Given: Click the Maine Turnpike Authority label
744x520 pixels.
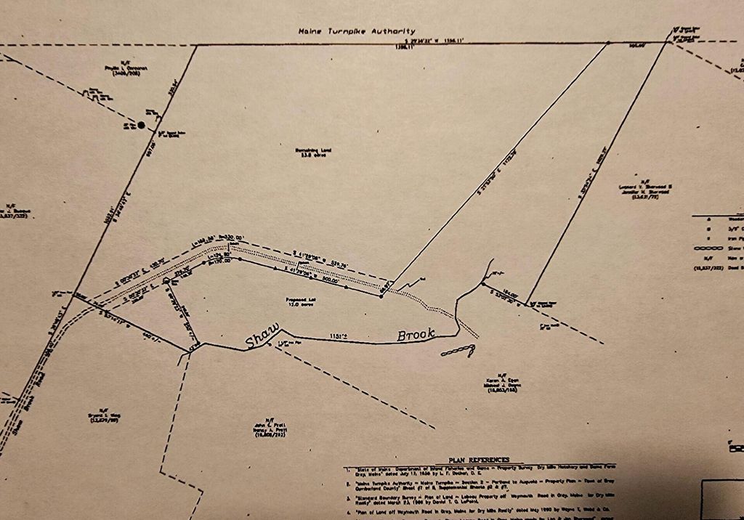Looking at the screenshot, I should pos(357,31).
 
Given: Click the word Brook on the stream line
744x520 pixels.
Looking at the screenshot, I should pos(416,336).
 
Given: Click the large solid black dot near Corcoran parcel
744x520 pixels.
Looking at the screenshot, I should pos(141,125).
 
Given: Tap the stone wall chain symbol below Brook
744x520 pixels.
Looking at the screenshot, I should pos(456,352).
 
